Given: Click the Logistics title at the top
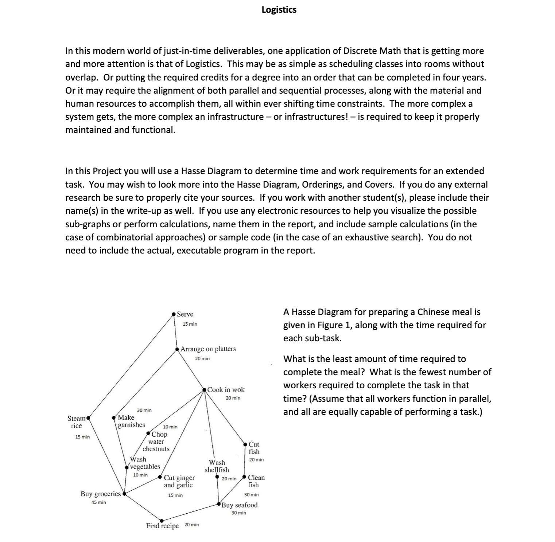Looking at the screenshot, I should tap(279, 10).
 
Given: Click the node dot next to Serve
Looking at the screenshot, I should tap(174, 313).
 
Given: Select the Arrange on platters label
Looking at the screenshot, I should tap(208, 349).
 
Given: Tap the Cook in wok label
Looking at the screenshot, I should tap(226, 389).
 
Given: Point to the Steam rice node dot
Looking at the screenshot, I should tap(88, 419).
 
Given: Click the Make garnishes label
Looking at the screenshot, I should tap(131, 421).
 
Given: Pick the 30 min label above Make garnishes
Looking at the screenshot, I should tap(144, 410).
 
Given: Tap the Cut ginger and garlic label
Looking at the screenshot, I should tap(179, 481).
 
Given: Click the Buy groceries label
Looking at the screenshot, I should tap(100, 494).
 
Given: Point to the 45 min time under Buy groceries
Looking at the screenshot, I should tap(98, 502).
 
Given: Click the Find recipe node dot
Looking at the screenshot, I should tap(162, 521).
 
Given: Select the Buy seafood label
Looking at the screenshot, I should tap(239, 505).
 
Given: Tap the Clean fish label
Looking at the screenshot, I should tap(256, 481).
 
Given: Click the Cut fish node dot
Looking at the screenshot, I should tap(245, 444).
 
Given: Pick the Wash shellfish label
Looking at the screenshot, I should tap(217, 466).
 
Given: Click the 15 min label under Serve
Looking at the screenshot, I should tap(190, 324).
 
